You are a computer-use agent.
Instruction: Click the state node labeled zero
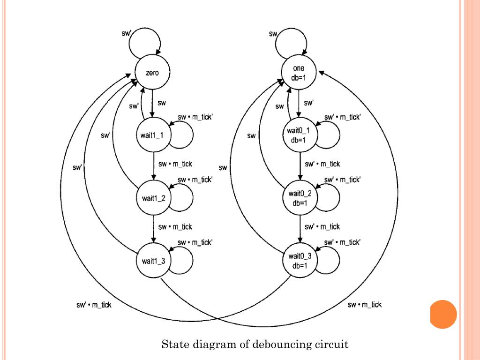tap(152, 74)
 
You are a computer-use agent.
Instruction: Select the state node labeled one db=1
tap(299, 73)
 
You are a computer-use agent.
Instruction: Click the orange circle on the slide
tap(443, 314)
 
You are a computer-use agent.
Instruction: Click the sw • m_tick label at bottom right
tap(364, 305)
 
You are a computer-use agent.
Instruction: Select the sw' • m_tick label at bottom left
tap(94, 305)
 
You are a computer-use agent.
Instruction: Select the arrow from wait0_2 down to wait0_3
tap(300, 228)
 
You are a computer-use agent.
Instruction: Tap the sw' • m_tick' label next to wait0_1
tap(342, 117)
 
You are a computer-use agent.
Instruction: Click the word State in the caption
tap(174, 345)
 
